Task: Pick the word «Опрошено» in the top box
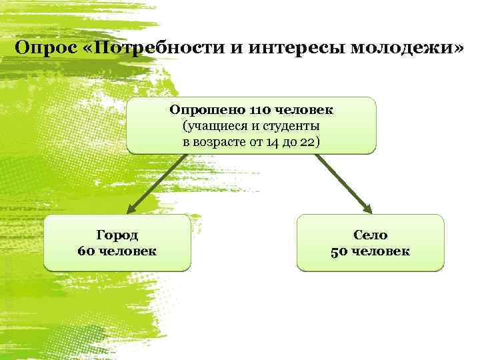click(x=207, y=109)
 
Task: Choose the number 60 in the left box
click(x=86, y=251)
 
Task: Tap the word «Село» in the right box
click(x=370, y=235)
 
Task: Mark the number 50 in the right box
click(x=339, y=251)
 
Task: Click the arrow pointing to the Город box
click(x=153, y=187)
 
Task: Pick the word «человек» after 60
click(x=127, y=251)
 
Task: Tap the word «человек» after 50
click(x=380, y=251)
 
